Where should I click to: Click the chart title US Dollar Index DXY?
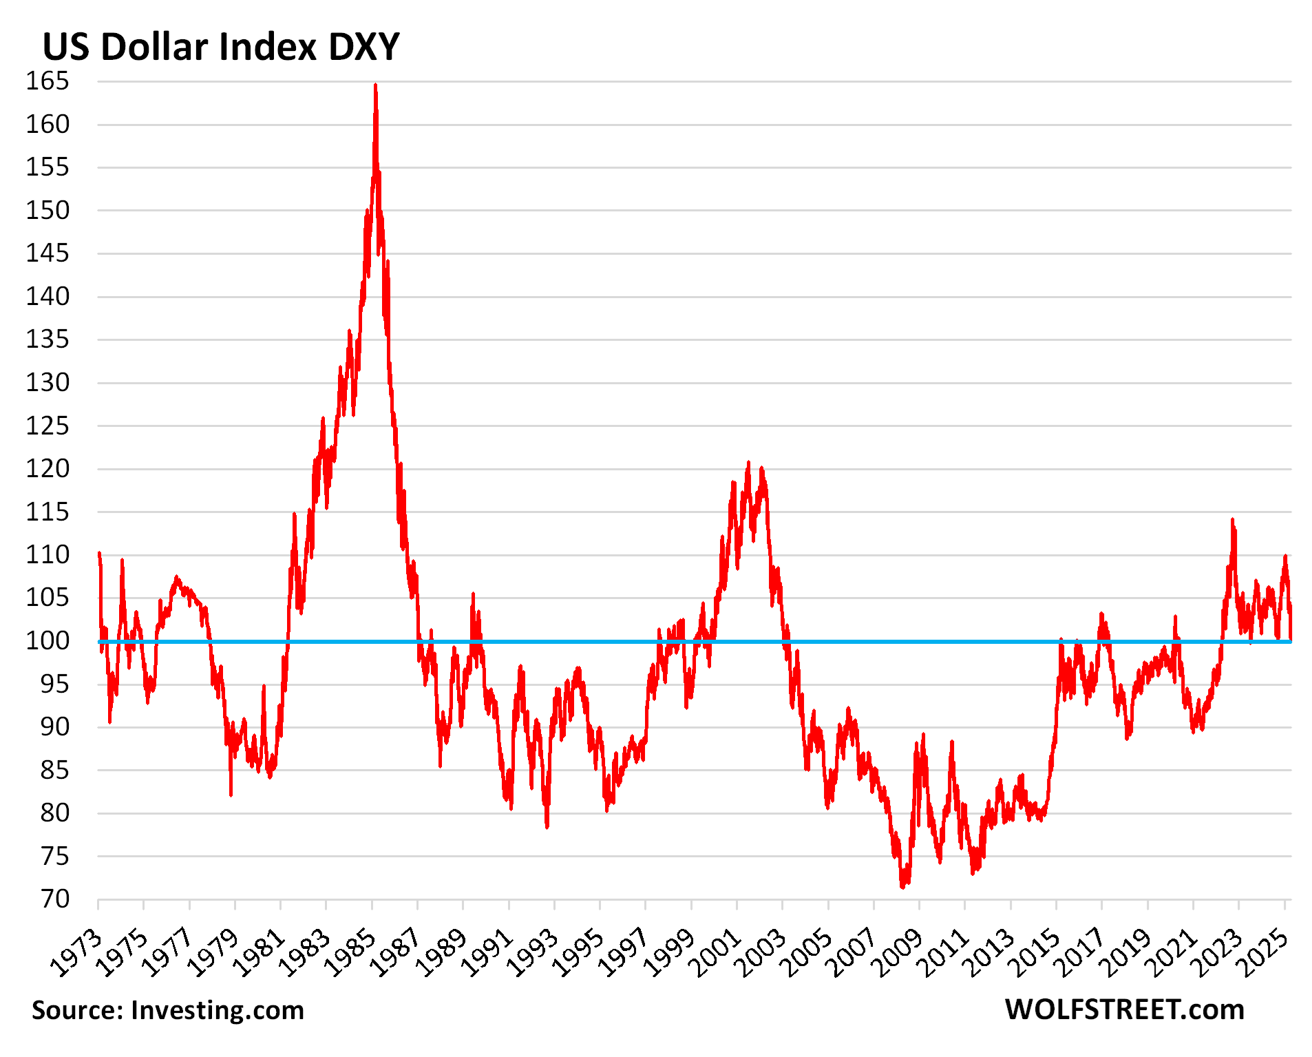tap(221, 47)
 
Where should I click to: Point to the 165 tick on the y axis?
tap(47, 81)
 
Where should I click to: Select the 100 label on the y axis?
tap(47, 640)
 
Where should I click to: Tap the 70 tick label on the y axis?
tap(55, 899)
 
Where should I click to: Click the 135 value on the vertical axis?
tap(47, 339)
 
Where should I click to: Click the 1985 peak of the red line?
tap(375, 85)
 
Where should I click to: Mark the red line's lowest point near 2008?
tap(902, 887)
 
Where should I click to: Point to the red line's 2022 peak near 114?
tap(1232, 520)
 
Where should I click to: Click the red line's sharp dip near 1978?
tap(231, 795)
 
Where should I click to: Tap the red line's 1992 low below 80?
tap(547, 826)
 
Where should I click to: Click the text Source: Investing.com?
tap(168, 1010)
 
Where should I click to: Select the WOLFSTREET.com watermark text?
tap(1124, 1010)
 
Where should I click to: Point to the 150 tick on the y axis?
tap(47, 210)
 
